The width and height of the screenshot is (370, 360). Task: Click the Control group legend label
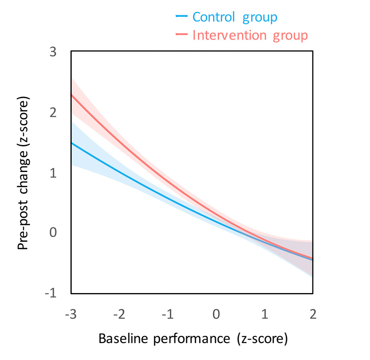[x=234, y=17]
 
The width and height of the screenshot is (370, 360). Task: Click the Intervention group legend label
[x=250, y=35]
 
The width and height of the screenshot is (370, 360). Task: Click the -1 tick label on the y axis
[x=51, y=293]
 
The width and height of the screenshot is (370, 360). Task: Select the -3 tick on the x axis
[x=71, y=313]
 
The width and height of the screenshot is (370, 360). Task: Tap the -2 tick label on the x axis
[x=119, y=313]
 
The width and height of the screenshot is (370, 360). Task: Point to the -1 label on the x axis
[x=168, y=313]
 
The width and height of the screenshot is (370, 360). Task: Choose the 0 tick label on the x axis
[x=216, y=313]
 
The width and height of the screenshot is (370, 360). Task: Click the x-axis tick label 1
[x=265, y=313]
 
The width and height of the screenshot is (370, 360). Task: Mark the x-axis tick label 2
[x=313, y=313]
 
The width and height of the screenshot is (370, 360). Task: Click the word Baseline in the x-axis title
[x=122, y=339]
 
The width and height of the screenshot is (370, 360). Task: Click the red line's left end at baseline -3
[x=71, y=95]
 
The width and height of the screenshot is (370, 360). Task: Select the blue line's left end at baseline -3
[x=71, y=143]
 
